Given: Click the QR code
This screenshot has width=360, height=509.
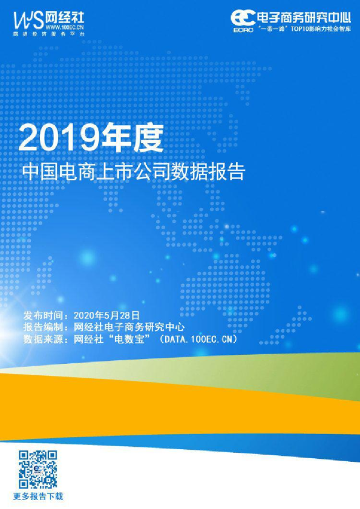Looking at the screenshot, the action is coord(38,469).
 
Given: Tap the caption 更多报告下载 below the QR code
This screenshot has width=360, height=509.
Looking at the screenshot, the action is coord(38,496).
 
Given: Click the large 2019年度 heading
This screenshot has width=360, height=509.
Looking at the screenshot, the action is coord(91,138).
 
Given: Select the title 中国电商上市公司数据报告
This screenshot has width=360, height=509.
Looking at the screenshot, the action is coord(134,172).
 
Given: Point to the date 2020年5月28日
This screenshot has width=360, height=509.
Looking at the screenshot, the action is coord(106,315).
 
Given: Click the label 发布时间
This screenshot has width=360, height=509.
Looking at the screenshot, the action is coord(43,315).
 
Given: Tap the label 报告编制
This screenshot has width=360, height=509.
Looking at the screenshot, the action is coord(43,327).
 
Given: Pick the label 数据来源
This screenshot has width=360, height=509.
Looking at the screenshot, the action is coord(43,339).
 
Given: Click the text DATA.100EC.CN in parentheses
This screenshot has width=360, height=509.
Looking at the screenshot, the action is coord(199,339).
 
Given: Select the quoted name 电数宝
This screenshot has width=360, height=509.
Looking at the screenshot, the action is coord(129,339).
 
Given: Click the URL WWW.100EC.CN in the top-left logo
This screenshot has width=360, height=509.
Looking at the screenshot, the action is coord(65,27).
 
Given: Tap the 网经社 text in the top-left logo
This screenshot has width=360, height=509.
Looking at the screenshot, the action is coord(65,17).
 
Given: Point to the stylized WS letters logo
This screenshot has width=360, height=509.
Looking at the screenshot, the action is coord(28,21).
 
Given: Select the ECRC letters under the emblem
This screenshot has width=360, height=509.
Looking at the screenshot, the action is coord(243,30).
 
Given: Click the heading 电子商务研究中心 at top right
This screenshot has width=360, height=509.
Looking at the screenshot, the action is coord(304,17).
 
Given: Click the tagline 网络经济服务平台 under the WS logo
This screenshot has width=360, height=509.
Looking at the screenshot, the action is coord(49,34).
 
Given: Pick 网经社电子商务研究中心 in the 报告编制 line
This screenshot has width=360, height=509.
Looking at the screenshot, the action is coord(129,327).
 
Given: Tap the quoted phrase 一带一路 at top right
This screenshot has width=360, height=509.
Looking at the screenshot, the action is coord(273,29).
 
